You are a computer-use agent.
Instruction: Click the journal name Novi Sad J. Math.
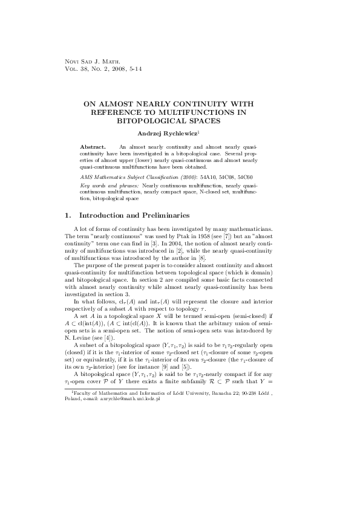coord(92,62)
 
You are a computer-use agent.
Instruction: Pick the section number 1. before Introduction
coord(67,215)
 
